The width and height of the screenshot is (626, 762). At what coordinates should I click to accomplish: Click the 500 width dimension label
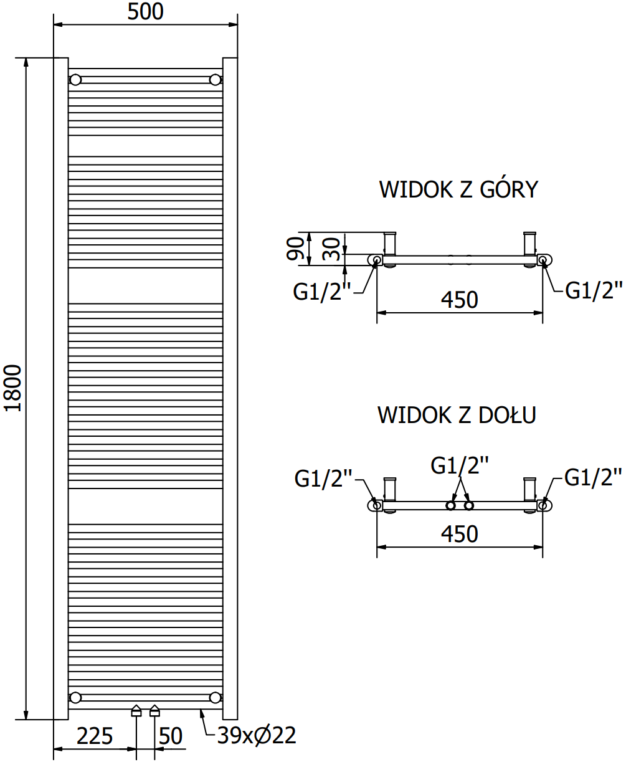point(145,11)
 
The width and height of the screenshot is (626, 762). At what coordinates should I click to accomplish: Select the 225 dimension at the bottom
point(95,736)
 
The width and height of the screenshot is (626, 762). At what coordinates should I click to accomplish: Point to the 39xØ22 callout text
point(256,736)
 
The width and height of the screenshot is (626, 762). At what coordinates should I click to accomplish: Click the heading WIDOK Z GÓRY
point(458,190)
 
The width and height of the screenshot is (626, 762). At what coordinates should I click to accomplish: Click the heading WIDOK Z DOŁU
point(457,415)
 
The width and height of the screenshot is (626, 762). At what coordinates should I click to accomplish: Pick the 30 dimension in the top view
point(333,248)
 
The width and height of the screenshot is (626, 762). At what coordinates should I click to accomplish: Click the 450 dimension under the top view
point(460,300)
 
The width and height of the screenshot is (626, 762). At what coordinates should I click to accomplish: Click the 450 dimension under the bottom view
point(460,534)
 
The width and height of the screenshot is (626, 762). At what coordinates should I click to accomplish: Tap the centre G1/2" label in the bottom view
point(460,465)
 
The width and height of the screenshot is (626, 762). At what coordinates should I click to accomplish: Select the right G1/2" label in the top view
point(594,290)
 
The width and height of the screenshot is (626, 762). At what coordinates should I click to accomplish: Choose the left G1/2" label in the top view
point(323,290)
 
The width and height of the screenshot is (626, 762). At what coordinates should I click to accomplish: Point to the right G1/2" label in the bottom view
point(593,478)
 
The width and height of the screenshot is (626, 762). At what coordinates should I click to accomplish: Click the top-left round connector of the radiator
point(75,80)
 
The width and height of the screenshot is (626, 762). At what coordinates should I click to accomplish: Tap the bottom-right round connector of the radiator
point(216,697)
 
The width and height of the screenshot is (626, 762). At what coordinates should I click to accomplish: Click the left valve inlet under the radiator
point(136,711)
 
